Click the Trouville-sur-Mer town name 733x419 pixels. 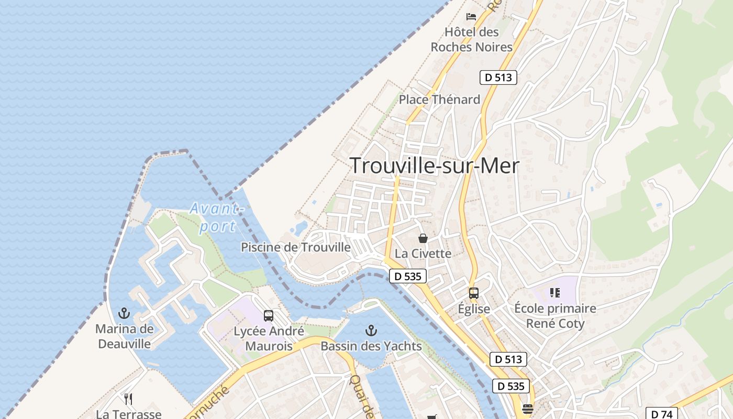434,166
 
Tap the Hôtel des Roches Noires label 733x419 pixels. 471,39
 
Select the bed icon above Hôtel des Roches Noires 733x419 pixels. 471,16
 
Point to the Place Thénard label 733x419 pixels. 439,100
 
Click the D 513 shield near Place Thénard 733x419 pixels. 498,78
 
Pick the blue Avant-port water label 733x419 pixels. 216,217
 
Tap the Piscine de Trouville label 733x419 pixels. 296,247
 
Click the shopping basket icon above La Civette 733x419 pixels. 423,238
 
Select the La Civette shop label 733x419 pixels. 423,253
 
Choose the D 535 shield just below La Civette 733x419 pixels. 408,276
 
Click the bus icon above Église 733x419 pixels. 474,293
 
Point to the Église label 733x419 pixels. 474,309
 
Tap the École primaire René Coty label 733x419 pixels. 555,316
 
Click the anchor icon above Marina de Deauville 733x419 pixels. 124,313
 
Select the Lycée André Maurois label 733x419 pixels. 269,339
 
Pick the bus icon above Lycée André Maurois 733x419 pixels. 269,316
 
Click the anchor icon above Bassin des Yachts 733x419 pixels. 371,330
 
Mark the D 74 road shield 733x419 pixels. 662,414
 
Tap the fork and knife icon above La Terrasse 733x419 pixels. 128,399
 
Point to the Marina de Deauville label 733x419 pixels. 125,336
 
